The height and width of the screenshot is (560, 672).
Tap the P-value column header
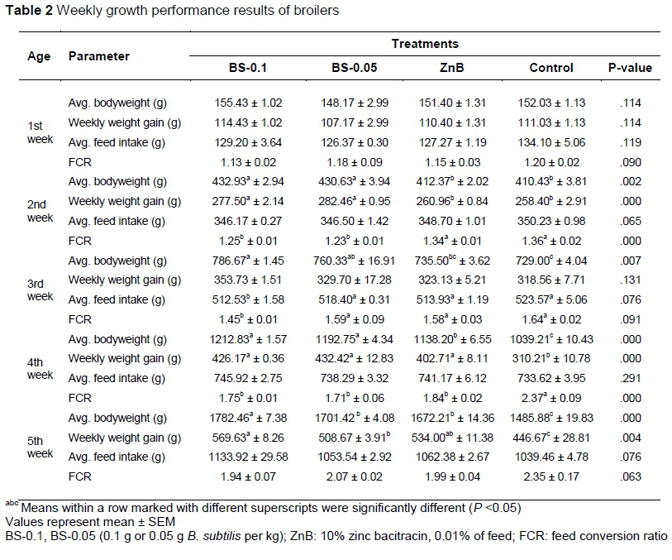click(x=630, y=68)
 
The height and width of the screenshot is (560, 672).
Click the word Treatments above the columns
click(x=425, y=43)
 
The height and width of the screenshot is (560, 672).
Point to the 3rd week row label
click(x=40, y=290)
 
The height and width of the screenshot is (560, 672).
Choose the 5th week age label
click(x=40, y=447)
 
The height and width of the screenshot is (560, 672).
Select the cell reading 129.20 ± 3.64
click(x=247, y=140)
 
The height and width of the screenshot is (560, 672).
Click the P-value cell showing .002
click(x=629, y=181)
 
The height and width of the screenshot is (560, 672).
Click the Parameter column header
click(x=99, y=56)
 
